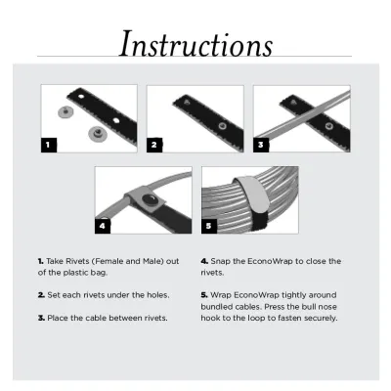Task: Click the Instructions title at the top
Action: click(196, 43)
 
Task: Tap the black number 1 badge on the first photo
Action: click(49, 145)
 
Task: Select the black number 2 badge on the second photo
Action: click(154, 145)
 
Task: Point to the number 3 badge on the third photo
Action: click(261, 145)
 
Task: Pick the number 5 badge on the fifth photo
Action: click(208, 225)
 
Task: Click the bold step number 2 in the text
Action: click(41, 293)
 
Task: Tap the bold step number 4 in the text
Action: click(203, 262)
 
